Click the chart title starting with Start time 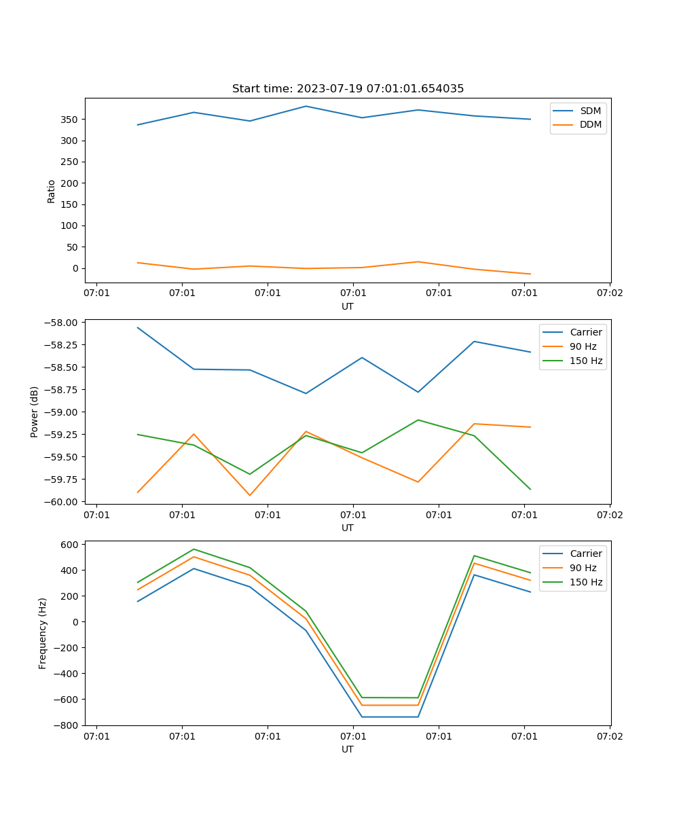(348, 89)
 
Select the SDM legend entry (590, 111)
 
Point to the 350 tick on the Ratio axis (71, 120)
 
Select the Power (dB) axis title (35, 412)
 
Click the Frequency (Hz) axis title (43, 633)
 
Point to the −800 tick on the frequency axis (67, 725)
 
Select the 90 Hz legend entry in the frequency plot (583, 568)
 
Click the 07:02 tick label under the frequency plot (609, 736)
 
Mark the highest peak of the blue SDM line (306, 106)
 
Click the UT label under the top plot (348, 306)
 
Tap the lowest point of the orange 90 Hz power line (250, 495)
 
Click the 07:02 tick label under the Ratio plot (609, 293)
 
